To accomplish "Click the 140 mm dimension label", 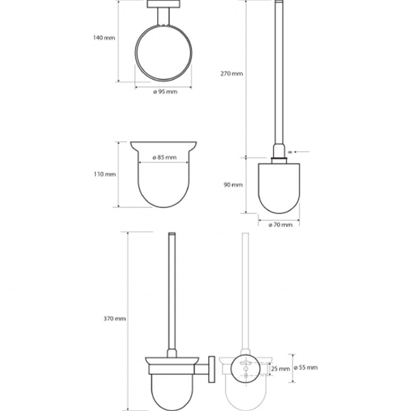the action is [x=104, y=38].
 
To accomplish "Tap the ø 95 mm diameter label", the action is [x=165, y=92].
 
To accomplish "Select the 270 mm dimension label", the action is [x=232, y=74].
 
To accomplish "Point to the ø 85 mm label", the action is [x=164, y=157].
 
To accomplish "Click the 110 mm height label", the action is [x=105, y=174].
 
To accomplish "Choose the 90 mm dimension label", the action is [x=233, y=185].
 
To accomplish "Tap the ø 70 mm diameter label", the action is [x=280, y=225].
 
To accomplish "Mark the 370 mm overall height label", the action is [x=115, y=319].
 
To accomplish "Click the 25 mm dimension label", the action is [x=281, y=369].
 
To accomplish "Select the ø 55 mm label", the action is [x=305, y=367].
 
